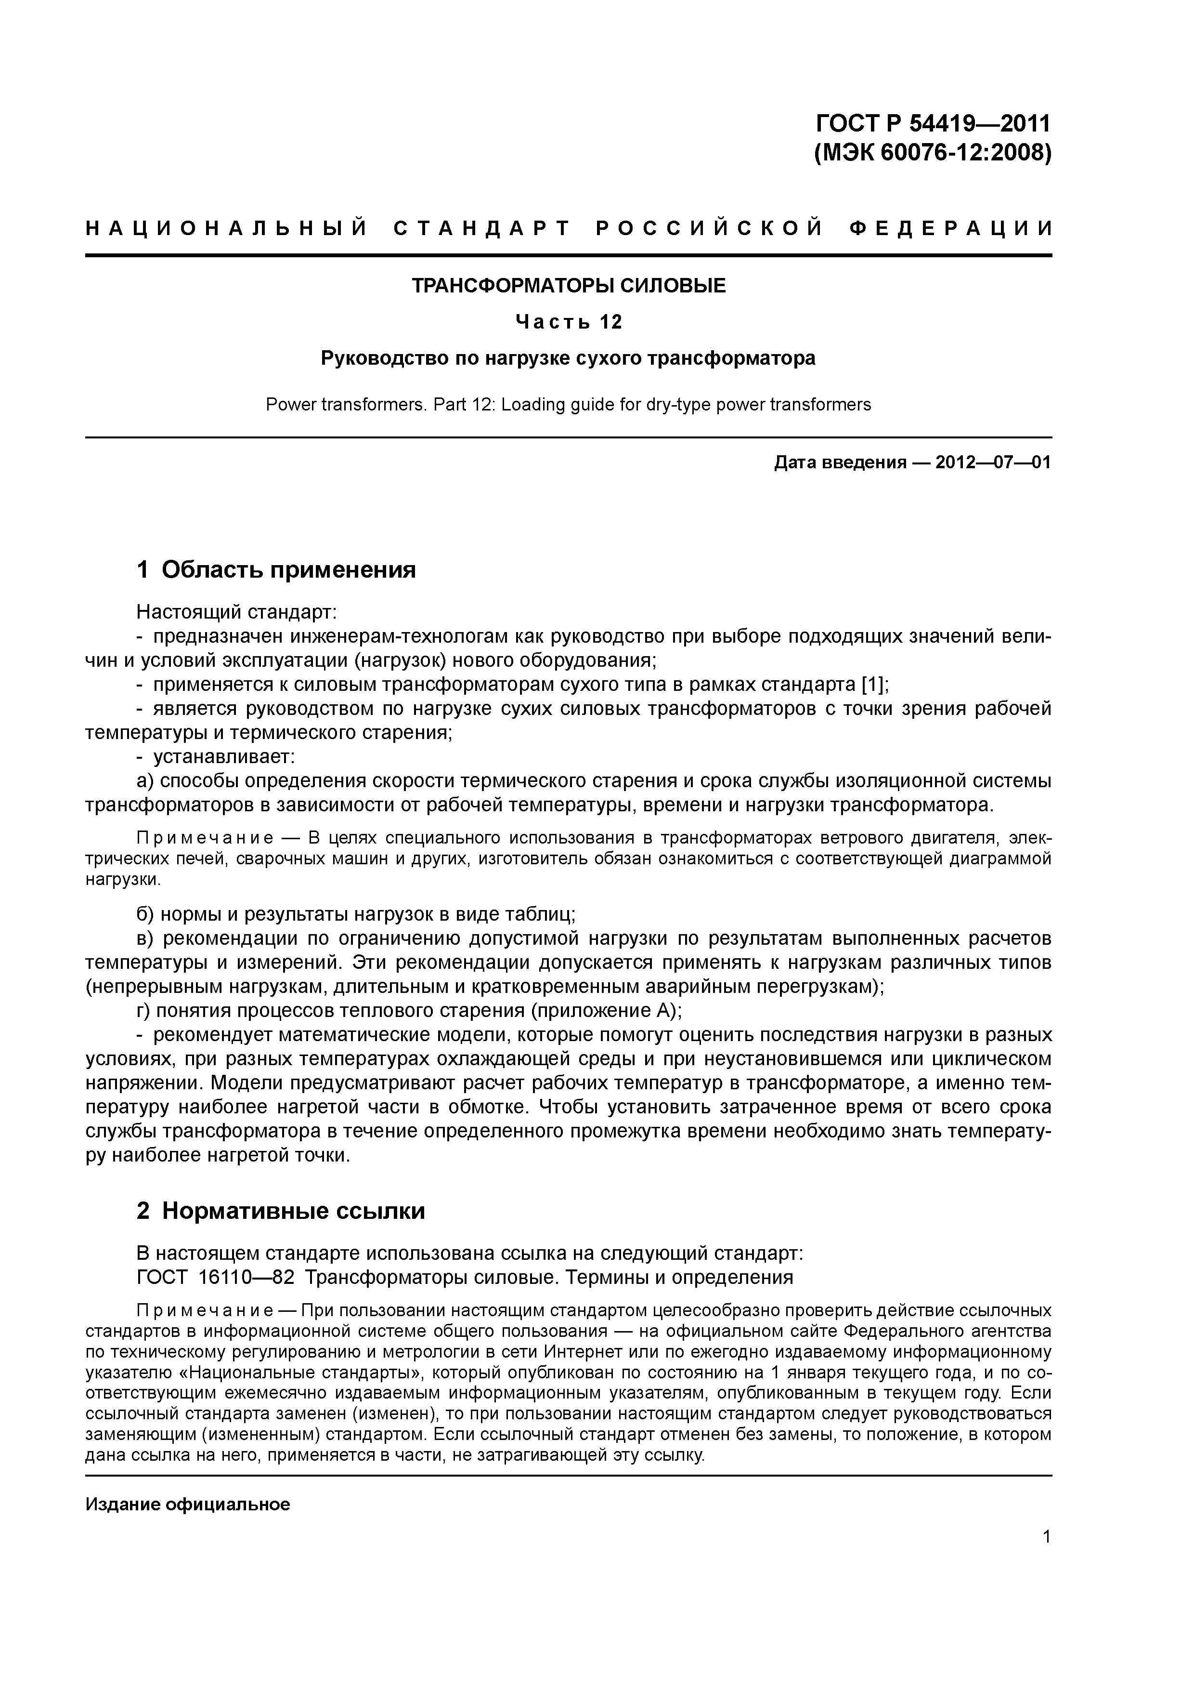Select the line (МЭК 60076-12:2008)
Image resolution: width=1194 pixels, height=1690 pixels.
pos(933,153)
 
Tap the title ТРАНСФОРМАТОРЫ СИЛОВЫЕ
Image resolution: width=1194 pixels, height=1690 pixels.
pos(568,286)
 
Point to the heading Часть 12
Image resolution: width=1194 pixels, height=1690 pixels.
pos(568,322)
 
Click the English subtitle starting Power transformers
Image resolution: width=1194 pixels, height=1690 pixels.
pos(568,404)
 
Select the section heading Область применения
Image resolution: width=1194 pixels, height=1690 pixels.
pos(288,569)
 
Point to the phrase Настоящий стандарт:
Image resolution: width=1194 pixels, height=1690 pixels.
pos(236,612)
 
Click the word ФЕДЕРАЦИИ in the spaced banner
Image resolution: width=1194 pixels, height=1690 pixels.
pos(950,229)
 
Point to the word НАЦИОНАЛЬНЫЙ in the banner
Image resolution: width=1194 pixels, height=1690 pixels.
pos(226,229)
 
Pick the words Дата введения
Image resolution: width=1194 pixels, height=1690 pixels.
pos(839,462)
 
